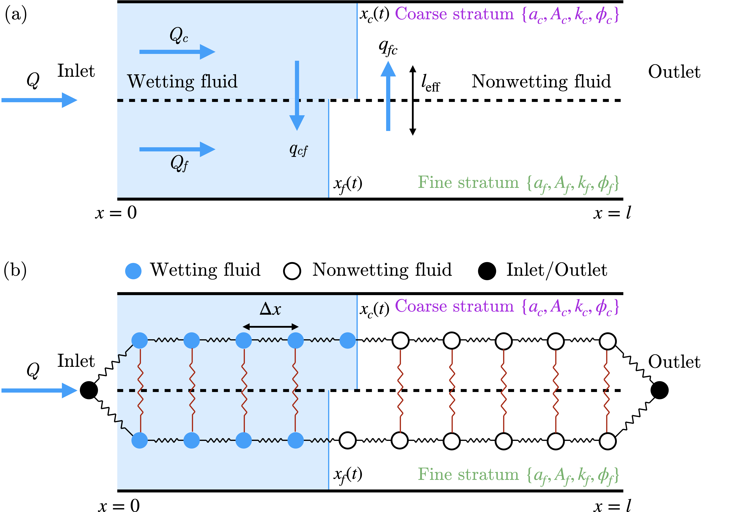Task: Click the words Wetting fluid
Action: point(182,81)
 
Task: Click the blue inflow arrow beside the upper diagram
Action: point(39,100)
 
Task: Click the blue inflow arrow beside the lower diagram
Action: point(39,390)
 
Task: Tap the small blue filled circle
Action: point(133,271)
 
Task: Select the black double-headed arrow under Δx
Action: point(270,327)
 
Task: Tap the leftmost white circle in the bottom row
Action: point(347,440)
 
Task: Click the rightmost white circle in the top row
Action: point(608,341)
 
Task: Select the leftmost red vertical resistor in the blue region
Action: point(140,390)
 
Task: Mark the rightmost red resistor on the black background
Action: point(607,391)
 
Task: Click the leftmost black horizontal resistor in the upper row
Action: point(165,340)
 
